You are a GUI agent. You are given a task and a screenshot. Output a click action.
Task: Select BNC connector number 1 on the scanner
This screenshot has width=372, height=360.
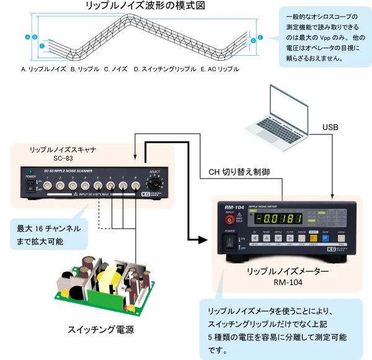click(x=47, y=185)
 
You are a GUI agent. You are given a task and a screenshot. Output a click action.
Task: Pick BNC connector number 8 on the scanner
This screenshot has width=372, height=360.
click(x=135, y=185)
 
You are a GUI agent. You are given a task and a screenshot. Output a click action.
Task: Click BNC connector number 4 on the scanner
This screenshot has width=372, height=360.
click(x=85, y=185)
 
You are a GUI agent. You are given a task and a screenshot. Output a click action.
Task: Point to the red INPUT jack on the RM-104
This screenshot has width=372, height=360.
click(x=230, y=220)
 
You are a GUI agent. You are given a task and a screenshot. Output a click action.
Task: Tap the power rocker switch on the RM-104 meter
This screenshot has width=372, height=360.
click(x=228, y=241)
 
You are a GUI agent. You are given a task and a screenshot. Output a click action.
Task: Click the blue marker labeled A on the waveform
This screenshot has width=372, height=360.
click(x=27, y=37)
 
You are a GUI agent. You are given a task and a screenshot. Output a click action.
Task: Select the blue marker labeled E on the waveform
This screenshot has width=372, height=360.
click(x=260, y=38)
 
